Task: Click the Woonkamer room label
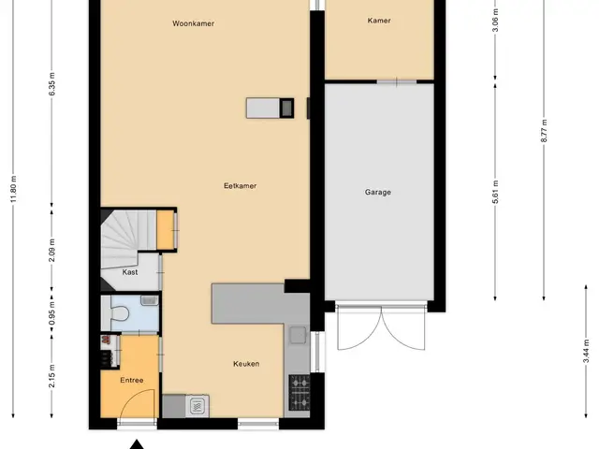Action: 193,23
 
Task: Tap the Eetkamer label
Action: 240,186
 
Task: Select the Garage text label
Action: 378,192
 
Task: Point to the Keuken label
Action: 246,364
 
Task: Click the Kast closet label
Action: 130,272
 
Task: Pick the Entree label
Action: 132,381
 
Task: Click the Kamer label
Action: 379,21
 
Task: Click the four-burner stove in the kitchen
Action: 299,393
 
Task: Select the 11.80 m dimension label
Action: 13,189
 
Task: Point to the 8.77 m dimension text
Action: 544,131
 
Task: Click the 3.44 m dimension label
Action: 587,351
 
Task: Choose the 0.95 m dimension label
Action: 52,313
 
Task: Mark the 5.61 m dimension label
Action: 495,192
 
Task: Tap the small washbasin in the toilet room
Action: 150,300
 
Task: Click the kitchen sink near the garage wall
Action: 298,335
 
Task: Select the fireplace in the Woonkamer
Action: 270,109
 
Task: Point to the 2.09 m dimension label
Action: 52,250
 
